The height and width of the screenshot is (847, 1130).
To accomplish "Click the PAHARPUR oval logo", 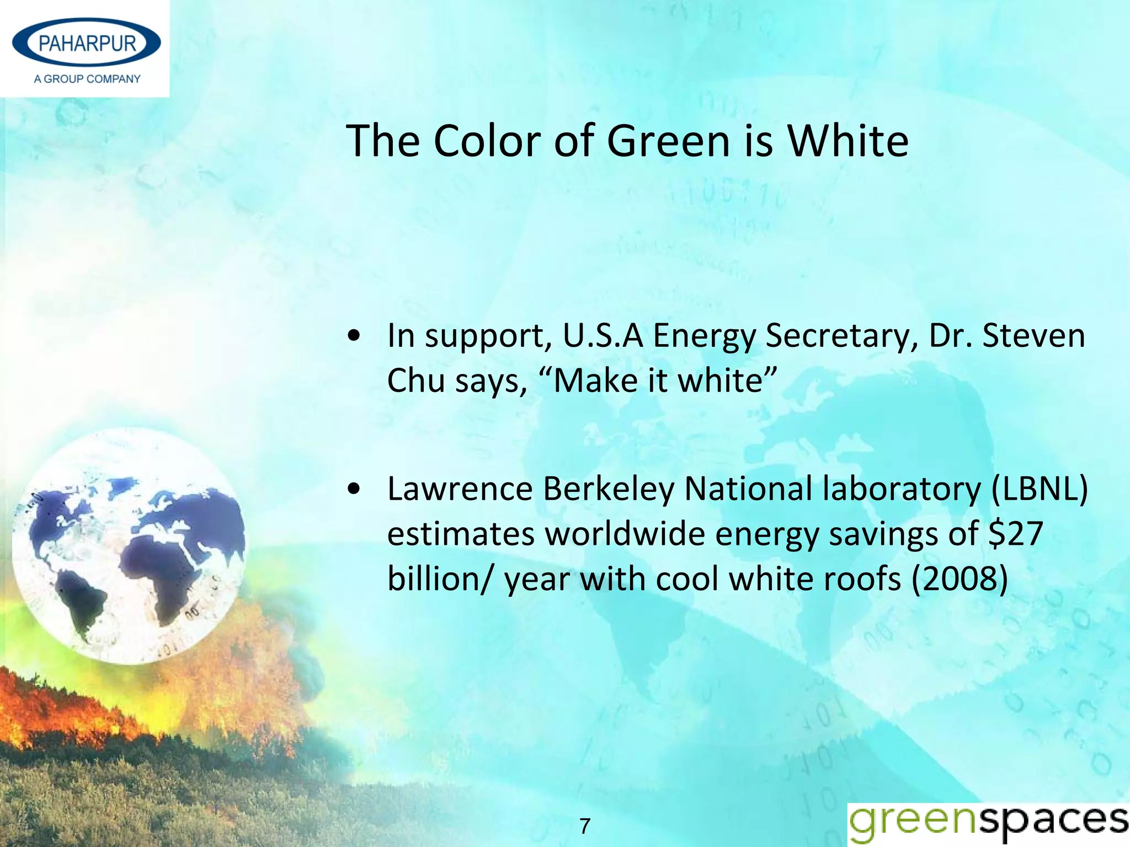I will (x=87, y=43).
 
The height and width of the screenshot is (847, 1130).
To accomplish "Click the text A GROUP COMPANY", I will (x=87, y=79).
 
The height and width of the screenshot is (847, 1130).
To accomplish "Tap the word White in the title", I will (x=847, y=141).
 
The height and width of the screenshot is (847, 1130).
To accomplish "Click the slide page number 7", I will (x=585, y=826).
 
